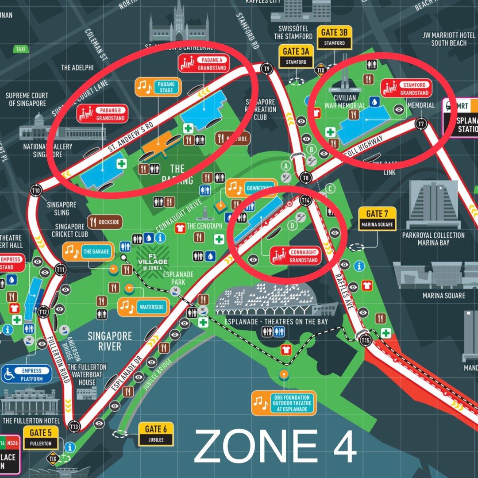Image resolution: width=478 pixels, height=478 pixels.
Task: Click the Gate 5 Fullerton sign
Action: pos(41,437)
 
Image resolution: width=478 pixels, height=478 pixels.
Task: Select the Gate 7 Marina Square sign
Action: pos(377,219)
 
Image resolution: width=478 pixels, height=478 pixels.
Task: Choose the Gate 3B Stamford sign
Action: pos(334,38)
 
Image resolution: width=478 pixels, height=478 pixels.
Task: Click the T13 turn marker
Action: pos(74,426)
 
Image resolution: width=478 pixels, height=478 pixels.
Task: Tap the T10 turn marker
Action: pos(36,191)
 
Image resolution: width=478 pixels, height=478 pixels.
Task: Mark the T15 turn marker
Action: pos(365,340)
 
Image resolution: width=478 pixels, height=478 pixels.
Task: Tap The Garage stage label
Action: pos(88,252)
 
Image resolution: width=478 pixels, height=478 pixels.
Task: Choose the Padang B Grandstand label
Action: pos(102,114)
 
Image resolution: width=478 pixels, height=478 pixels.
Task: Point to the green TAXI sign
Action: pos(20,49)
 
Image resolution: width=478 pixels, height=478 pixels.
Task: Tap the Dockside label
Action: pos(105,222)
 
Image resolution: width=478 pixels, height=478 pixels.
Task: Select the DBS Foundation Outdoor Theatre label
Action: pos(284,403)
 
